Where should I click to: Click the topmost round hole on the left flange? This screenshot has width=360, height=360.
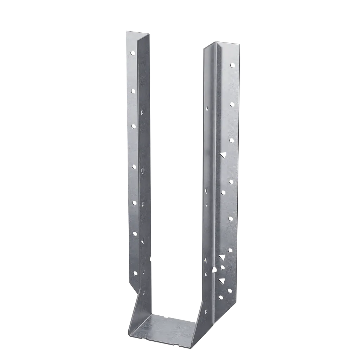point(132,53)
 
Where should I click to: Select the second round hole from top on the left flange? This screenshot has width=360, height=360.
point(133,91)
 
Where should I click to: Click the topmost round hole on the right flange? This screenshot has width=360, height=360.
point(232,65)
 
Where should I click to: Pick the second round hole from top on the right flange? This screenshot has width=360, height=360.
point(232,104)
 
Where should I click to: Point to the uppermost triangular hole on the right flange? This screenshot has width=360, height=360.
point(223,155)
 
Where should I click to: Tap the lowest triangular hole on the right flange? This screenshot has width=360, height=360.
point(221,280)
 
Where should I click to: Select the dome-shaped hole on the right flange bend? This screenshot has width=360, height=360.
point(214,270)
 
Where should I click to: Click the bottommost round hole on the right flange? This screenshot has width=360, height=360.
point(221,297)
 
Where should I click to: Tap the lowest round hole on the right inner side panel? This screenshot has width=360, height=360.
point(205,311)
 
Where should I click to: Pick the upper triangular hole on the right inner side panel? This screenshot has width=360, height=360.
point(206,190)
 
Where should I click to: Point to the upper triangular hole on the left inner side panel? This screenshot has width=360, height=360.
point(142,171)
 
